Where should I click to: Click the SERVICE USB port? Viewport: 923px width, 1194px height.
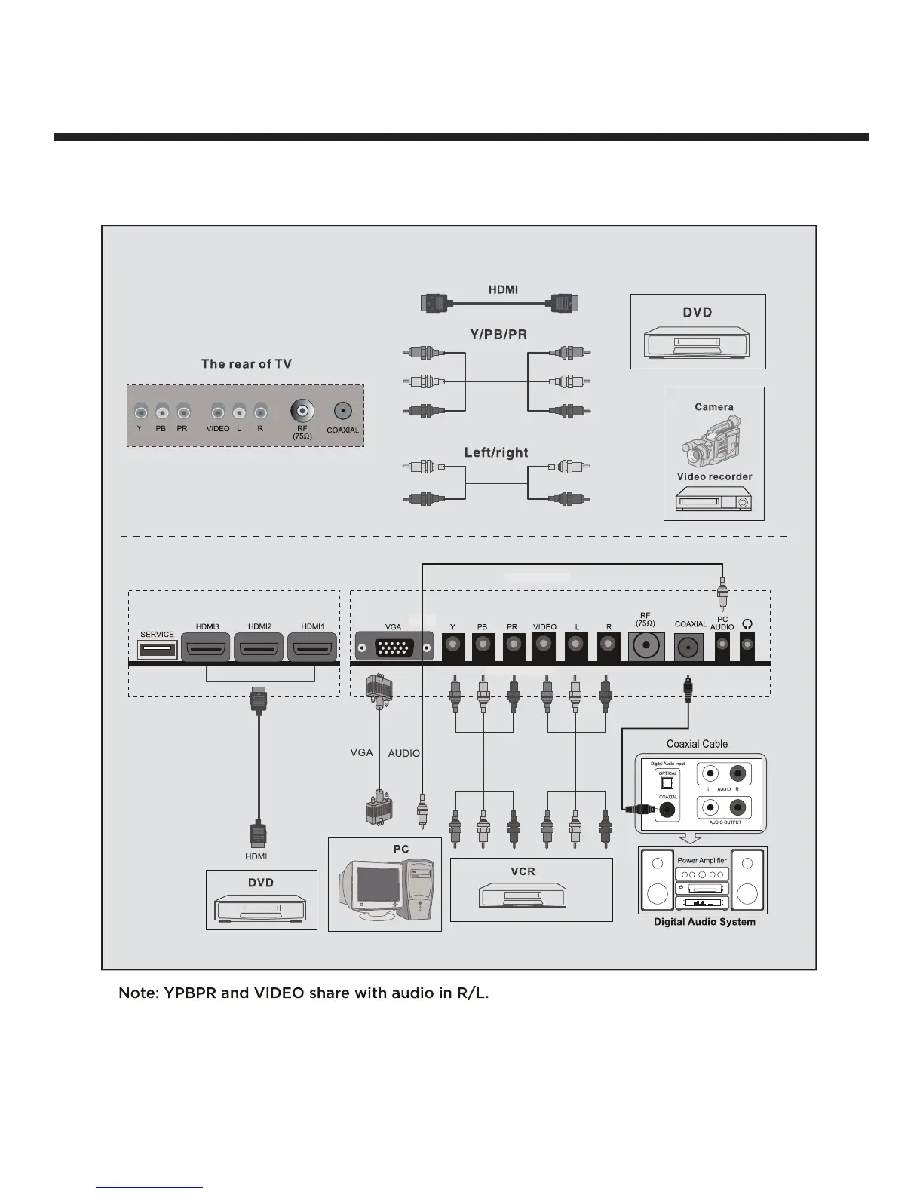pyautogui.click(x=157, y=649)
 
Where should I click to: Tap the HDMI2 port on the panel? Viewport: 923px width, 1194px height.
pyautogui.click(x=259, y=649)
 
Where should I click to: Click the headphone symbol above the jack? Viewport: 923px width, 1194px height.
pyautogui.click(x=747, y=623)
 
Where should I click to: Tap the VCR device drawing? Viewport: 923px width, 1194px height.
pyautogui.click(x=523, y=897)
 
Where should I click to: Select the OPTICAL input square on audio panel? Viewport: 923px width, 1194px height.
pyautogui.click(x=667, y=783)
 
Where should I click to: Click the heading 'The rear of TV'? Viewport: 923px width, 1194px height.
pyautogui.click(x=246, y=364)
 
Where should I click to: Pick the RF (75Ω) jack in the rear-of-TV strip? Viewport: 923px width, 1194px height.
pyautogui.click(x=302, y=411)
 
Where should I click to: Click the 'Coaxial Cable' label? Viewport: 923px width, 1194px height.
pyautogui.click(x=697, y=744)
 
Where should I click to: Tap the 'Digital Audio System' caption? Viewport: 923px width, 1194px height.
pyautogui.click(x=704, y=922)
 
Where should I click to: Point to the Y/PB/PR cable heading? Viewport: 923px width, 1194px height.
pyautogui.click(x=498, y=335)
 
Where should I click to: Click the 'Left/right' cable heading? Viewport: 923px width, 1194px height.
pyautogui.click(x=496, y=452)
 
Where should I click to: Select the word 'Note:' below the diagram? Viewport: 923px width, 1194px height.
pyautogui.click(x=138, y=993)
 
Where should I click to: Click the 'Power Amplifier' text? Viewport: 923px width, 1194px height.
pyautogui.click(x=701, y=860)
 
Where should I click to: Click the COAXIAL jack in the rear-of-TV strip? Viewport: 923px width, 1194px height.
pyautogui.click(x=342, y=411)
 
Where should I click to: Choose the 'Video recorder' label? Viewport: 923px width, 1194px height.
pyautogui.click(x=714, y=476)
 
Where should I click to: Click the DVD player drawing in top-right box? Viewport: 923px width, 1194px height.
pyautogui.click(x=698, y=344)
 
